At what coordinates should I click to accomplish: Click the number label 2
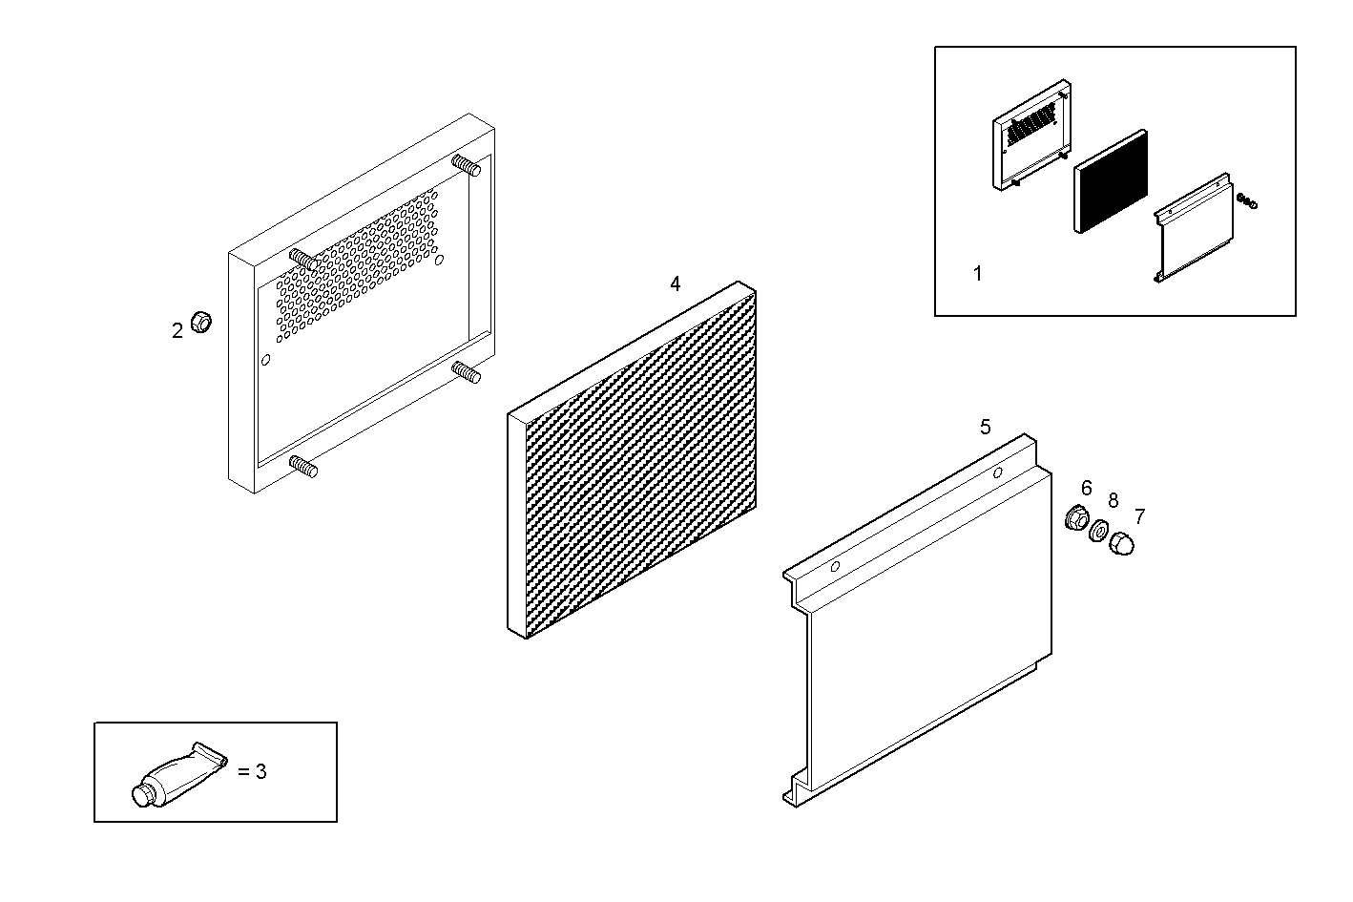pos(177,331)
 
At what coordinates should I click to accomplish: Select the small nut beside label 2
pos(200,322)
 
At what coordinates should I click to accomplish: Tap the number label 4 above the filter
pos(676,283)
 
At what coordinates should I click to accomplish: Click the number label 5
pos(986,427)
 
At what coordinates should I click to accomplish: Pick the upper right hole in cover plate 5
pos(997,472)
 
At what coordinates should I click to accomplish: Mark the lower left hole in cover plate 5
pos(835,566)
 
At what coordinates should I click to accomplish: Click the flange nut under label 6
pos(1076,518)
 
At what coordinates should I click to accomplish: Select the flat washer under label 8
pos(1099,530)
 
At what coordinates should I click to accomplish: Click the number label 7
pos(1139,517)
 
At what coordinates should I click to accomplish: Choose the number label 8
pos(1113,500)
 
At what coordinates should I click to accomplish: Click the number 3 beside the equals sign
pos(260,771)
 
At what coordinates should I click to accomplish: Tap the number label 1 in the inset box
pos(977,274)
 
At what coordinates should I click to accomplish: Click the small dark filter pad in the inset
pos(1111,182)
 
